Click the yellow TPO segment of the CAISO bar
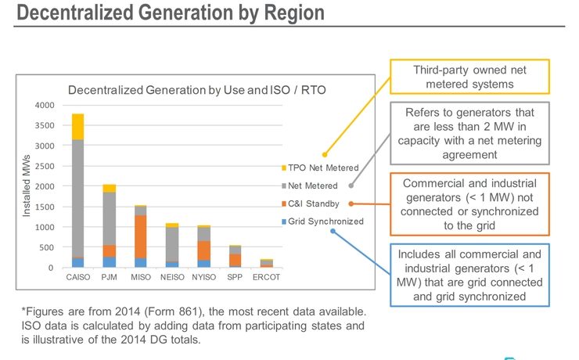tap(77, 127)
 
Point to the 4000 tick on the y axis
tap(44, 105)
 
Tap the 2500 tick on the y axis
tap(44, 166)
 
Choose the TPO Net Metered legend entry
tap(322, 168)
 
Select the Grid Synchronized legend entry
tap(325, 221)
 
